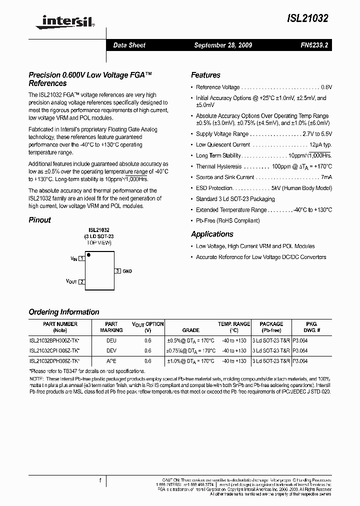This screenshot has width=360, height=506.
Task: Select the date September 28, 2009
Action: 223,45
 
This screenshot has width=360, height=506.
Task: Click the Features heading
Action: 205,75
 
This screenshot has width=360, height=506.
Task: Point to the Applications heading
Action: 212,234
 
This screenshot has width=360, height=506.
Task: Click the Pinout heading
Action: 40,219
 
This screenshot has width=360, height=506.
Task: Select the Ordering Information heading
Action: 64,312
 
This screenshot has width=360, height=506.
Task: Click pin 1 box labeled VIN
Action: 82,258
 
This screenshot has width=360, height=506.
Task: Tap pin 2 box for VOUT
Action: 82,282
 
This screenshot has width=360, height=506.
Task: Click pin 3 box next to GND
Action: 118,270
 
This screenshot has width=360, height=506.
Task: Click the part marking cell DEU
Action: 111,339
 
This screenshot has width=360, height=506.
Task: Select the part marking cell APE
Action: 111,360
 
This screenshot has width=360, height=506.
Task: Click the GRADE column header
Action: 190,330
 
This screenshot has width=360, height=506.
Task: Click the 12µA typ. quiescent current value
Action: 320,144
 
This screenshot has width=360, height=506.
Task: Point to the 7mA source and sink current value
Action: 326,177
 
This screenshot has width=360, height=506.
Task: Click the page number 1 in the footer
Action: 101,480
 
